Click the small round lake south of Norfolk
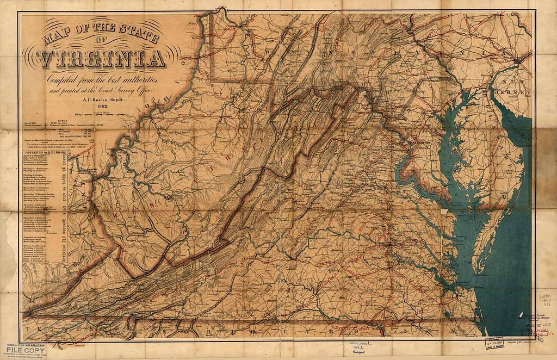tap(447, 314)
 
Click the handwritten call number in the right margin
tap(544, 300)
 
